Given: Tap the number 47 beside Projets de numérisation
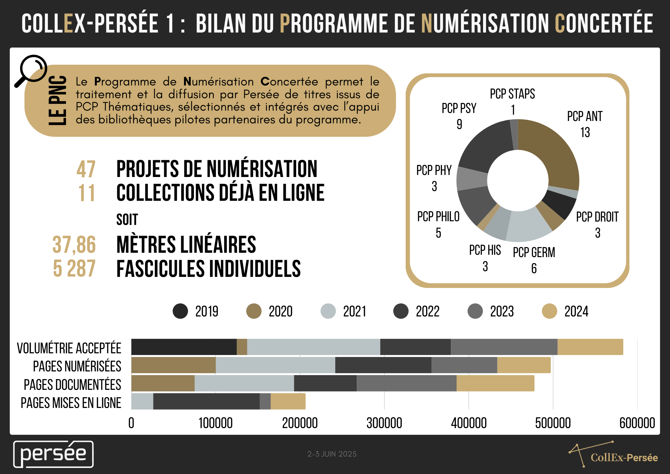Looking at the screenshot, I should (86, 169).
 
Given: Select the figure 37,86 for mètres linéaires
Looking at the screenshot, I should (74, 244).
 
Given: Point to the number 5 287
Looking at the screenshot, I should (74, 269).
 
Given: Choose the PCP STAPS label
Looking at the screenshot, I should (512, 94).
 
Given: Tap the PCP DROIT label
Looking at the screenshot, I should (597, 217).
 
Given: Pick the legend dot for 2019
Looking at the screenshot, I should (180, 311).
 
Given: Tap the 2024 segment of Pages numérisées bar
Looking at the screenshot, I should (524, 365).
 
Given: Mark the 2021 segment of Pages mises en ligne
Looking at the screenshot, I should (142, 401).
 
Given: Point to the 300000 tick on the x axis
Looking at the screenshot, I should (384, 423).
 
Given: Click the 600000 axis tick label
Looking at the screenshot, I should (637, 423).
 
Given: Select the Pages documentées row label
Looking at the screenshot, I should (72, 384).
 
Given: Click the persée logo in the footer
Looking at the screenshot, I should (53, 454).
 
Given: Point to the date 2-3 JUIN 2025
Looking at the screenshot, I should (332, 454).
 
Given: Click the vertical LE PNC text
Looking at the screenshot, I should (57, 101).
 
